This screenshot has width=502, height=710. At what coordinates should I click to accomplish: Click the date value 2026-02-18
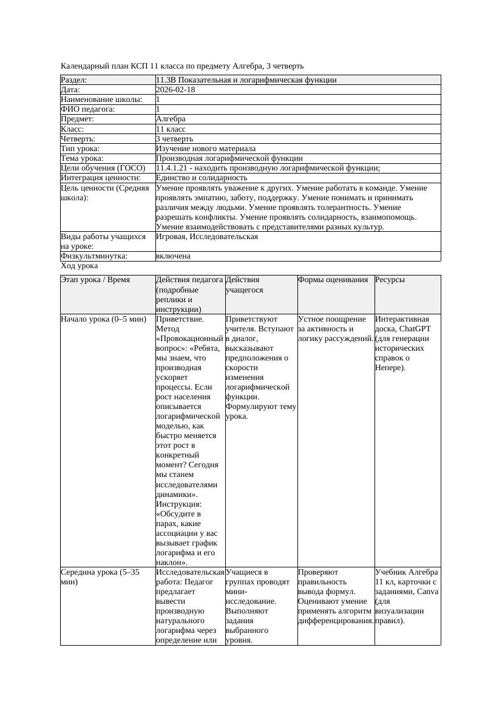click(175, 89)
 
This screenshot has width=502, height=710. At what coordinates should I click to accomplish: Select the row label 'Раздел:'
click(74, 79)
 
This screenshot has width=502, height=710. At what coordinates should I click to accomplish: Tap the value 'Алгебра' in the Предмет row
click(171, 119)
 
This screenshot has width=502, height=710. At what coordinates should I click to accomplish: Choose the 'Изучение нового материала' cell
click(205, 148)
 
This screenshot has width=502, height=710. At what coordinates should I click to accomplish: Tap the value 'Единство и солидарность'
click(201, 178)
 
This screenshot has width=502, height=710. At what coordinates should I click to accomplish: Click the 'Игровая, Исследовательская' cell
click(206, 237)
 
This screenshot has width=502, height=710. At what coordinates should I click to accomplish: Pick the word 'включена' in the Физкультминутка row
click(173, 256)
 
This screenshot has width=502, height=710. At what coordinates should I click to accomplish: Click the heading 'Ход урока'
click(80, 266)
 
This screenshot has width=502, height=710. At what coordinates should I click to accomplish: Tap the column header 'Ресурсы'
click(390, 280)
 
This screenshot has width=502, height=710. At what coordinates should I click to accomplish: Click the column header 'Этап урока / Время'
click(95, 280)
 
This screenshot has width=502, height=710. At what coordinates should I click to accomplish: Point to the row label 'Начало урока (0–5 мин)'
click(103, 319)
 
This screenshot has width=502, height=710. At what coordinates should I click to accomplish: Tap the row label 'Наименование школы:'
click(101, 99)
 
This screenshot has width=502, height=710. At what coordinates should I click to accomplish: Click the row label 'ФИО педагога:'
click(88, 109)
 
